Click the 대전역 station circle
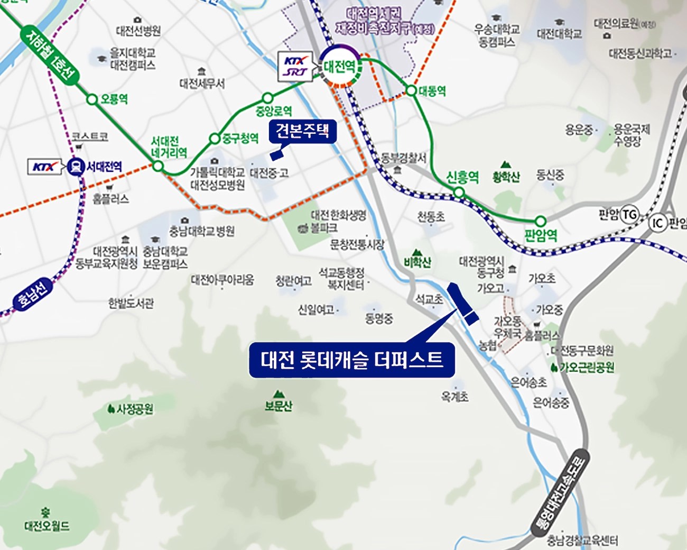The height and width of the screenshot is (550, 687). [340, 66]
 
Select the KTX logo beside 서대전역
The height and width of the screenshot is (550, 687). [45, 167]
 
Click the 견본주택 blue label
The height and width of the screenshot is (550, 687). [302, 131]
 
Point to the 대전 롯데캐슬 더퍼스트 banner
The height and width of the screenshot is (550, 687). [351, 360]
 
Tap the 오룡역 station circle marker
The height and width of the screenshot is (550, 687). [92, 99]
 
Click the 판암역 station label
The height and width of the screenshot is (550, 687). [541, 235]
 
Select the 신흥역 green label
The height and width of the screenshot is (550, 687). [462, 177]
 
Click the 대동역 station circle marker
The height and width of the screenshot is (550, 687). [411, 90]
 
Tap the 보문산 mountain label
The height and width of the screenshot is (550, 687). [278, 406]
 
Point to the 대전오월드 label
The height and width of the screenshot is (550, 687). [47, 526]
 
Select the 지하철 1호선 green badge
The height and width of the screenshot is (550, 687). [50, 56]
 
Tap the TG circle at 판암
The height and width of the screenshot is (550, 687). [629, 215]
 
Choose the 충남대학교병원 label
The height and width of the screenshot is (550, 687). [202, 231]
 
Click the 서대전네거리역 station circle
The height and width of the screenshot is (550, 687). [158, 166]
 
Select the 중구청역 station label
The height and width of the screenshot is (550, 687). [240, 139]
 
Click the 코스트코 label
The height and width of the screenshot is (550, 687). [90, 136]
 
